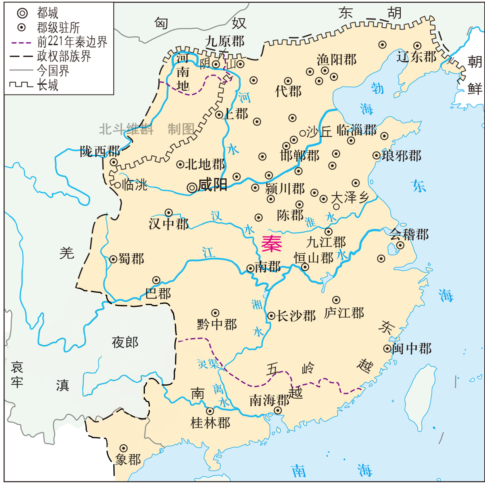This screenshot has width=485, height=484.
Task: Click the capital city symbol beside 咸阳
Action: coord(192,187)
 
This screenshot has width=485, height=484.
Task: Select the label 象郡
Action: coord(128,460)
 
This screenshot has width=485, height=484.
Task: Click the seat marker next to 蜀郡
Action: coord(113,259)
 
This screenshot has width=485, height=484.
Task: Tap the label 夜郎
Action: coord(125,342)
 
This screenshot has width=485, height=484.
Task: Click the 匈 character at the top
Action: coord(161,23)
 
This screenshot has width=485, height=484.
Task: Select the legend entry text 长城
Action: coord(48,85)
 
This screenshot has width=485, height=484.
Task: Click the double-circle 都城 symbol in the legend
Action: coord(22,13)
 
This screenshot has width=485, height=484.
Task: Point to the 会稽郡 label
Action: coord(409,234)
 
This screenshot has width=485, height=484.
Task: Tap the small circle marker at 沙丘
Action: coord(303,133)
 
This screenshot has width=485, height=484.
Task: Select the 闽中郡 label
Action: coord(412,348)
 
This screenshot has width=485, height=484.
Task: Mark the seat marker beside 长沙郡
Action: coord(271,316)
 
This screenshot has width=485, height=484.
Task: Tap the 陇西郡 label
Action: coord(100,151)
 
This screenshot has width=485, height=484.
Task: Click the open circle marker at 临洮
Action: coord(117,185)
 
